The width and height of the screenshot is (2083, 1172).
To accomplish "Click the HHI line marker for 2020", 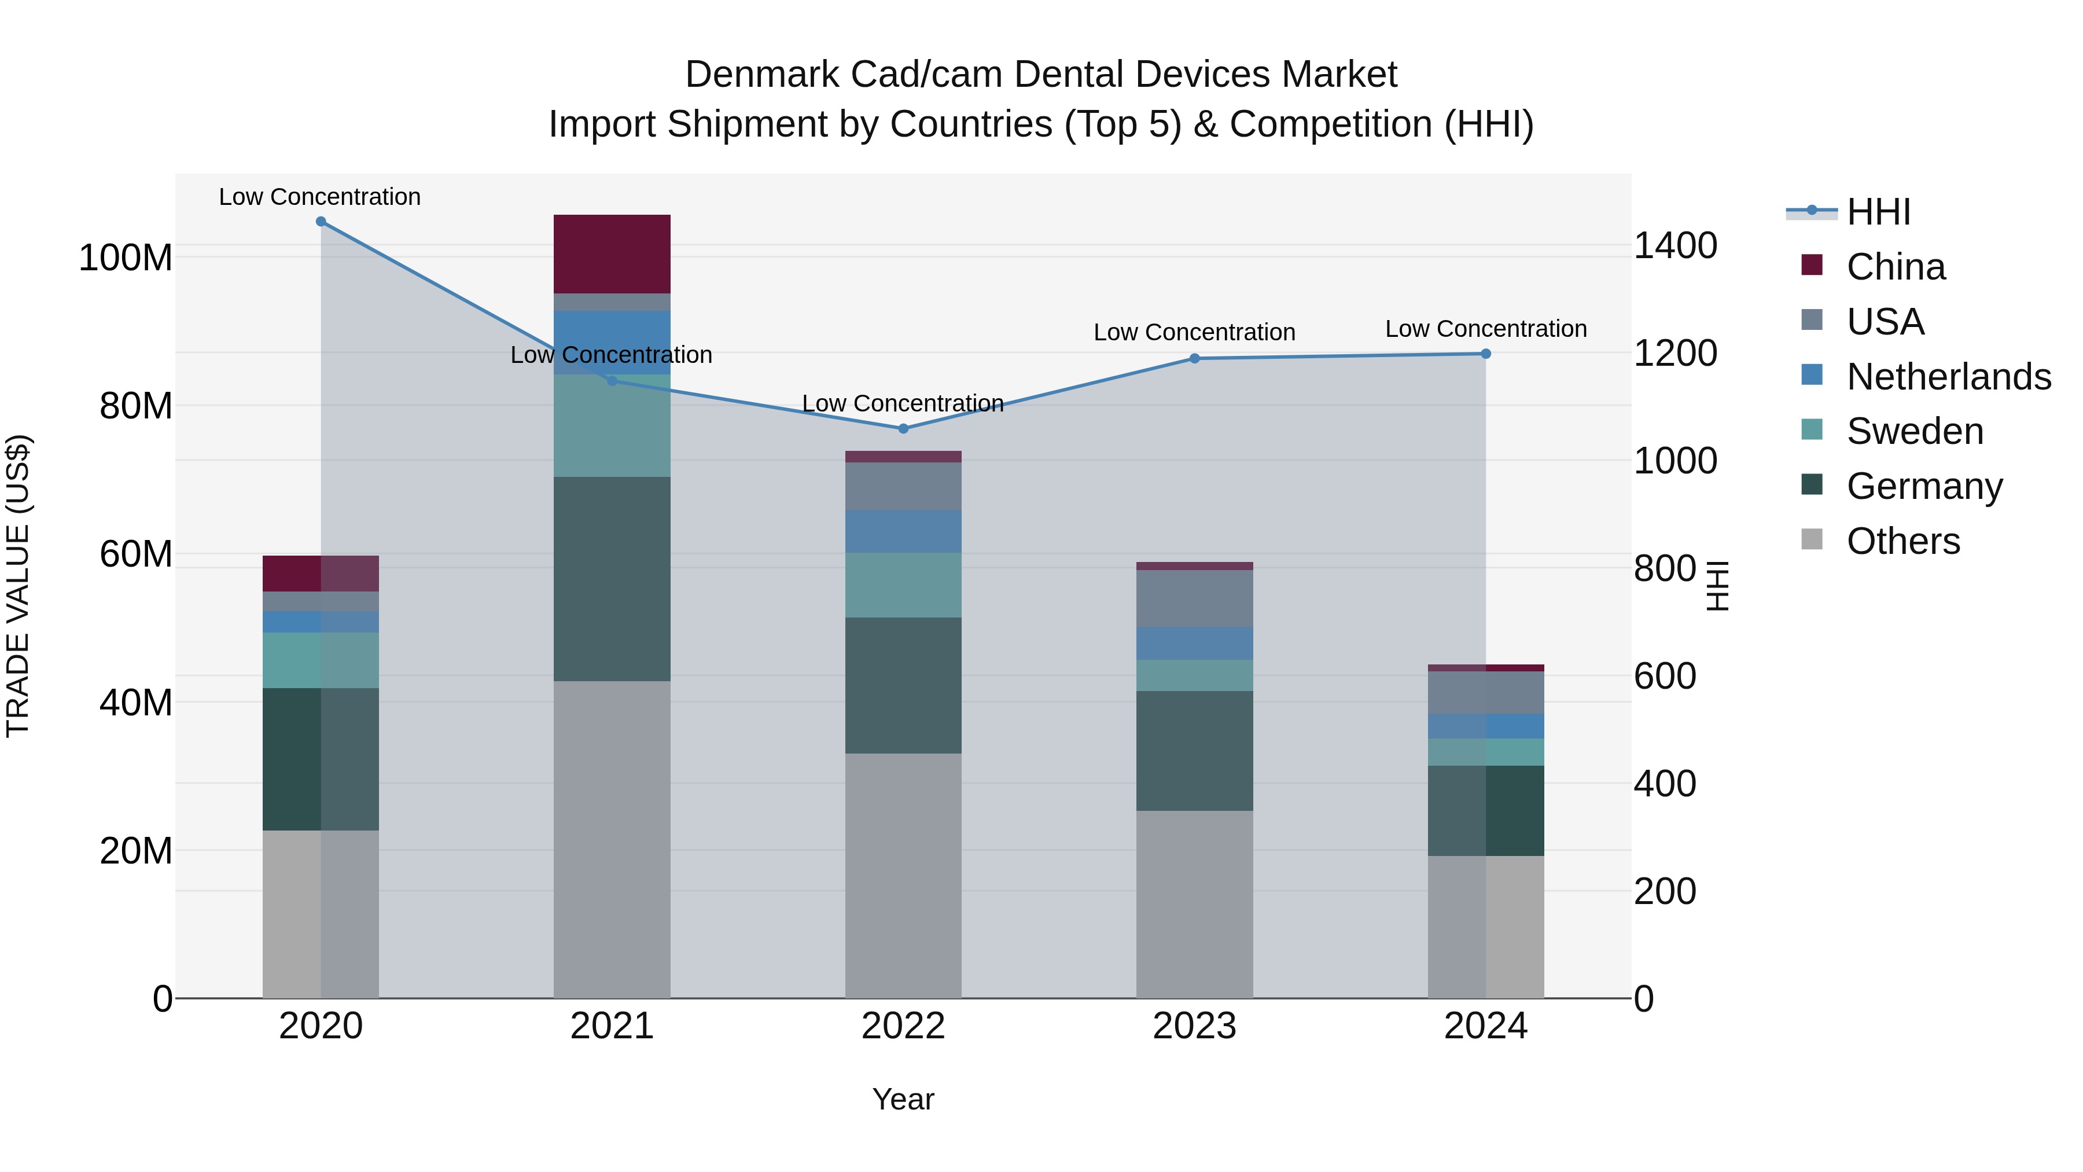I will click(x=321, y=222).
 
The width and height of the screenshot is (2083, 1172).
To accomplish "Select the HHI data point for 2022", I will click(x=903, y=429).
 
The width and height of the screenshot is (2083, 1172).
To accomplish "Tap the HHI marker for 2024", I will click(x=1485, y=354).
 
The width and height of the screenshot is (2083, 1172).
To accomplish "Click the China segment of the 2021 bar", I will click(x=612, y=254).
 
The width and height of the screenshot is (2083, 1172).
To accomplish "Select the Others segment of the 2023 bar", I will click(x=1194, y=904).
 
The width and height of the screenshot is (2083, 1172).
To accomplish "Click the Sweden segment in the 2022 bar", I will click(x=903, y=585).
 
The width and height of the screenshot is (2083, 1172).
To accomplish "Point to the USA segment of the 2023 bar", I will click(x=1194, y=598).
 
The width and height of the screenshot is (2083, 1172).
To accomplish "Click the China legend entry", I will click(x=1894, y=267).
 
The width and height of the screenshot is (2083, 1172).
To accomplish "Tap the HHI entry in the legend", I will click(x=1878, y=212).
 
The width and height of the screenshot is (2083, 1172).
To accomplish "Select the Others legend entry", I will click(x=1902, y=541).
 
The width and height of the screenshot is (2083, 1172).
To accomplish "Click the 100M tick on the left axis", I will click(x=126, y=258).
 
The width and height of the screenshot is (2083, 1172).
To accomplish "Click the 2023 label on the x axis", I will click(x=1194, y=1026).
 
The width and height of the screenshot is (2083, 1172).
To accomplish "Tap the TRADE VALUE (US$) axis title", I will click(x=18, y=586).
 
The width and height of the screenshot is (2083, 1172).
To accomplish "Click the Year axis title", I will click(x=903, y=1099).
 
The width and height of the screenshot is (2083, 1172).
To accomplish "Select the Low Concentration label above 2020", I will click(x=319, y=197).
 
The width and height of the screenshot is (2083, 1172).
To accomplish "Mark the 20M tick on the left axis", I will click(x=136, y=851).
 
